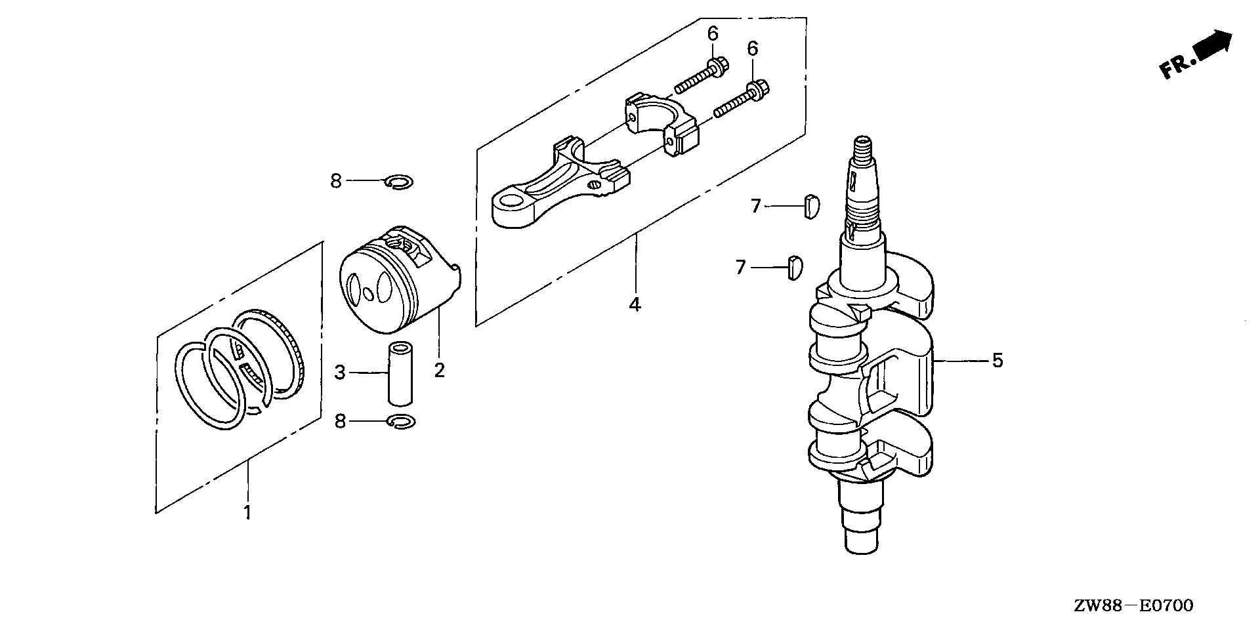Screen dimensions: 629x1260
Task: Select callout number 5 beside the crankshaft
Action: pyautogui.click(x=997, y=360)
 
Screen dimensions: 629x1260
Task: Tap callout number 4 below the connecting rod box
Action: pyautogui.click(x=634, y=304)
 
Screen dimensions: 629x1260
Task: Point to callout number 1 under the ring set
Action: pyautogui.click(x=247, y=512)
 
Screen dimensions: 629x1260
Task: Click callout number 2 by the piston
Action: pyautogui.click(x=439, y=370)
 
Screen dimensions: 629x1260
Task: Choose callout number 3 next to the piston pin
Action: pyautogui.click(x=339, y=373)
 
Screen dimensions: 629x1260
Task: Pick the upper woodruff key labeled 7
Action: pyautogui.click(x=811, y=206)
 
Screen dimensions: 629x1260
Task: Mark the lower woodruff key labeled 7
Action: pyautogui.click(x=793, y=268)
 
